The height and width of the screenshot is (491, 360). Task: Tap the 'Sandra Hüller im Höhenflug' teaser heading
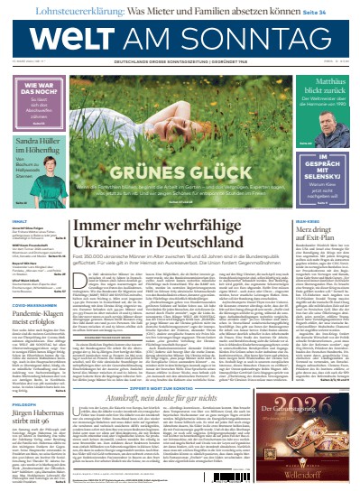pos(35,146)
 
